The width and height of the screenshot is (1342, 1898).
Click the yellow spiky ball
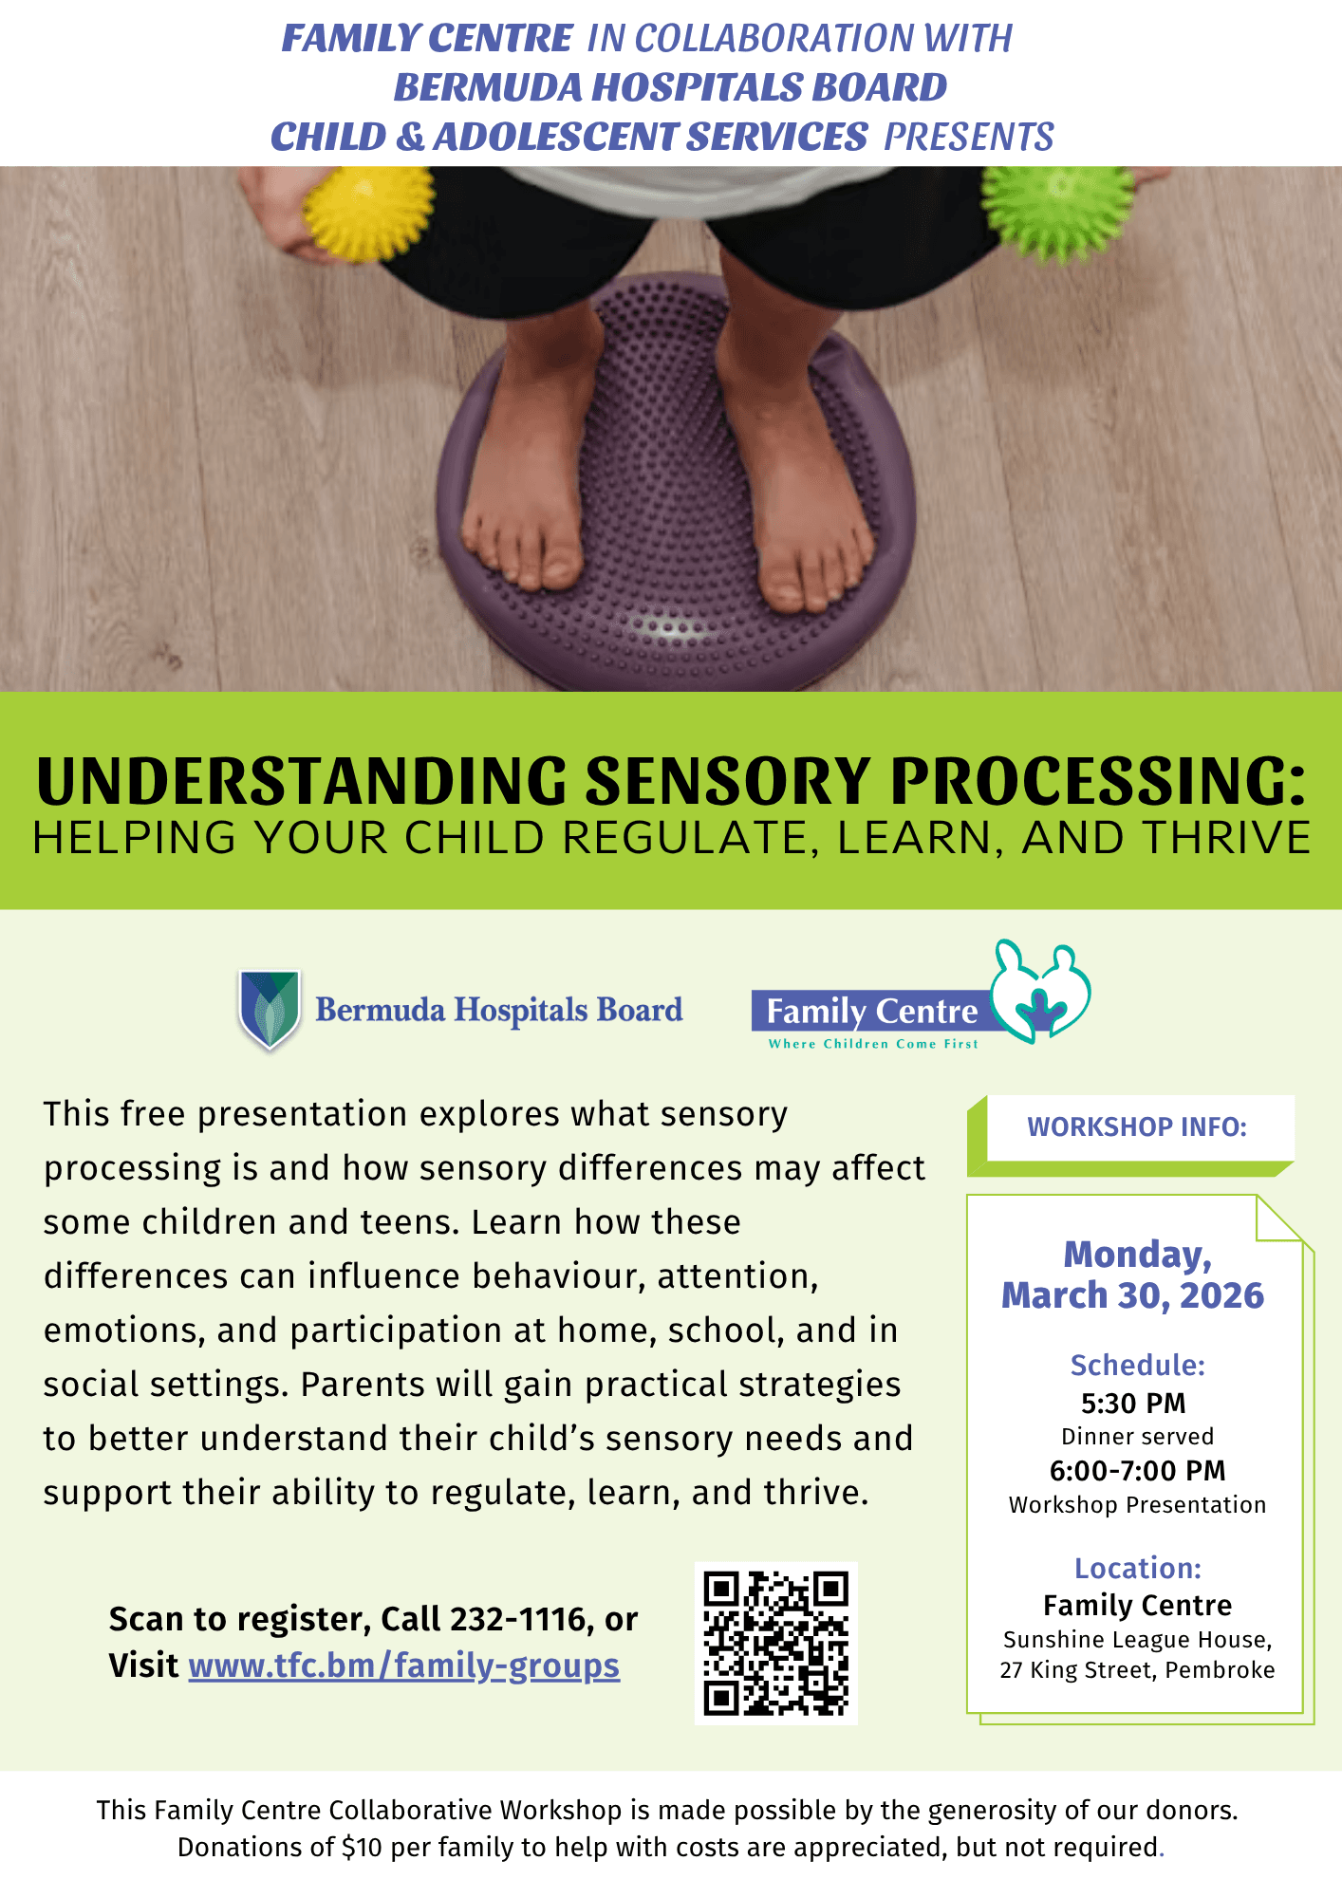pyautogui.click(x=367, y=211)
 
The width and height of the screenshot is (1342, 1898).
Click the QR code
pyautogui.click(x=776, y=1644)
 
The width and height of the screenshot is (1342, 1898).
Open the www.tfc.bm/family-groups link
pyautogui.click(x=404, y=1666)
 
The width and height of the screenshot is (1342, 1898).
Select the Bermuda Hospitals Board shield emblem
pyautogui.click(x=270, y=1009)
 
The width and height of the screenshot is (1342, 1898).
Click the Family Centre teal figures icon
pyautogui.click(x=1040, y=992)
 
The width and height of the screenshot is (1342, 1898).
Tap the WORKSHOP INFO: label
pyautogui.click(x=1137, y=1127)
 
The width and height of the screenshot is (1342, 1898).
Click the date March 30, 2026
pyautogui.click(x=1133, y=1296)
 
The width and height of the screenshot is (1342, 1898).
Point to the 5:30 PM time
pyautogui.click(x=1133, y=1404)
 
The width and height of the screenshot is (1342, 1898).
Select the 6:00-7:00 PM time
pyautogui.click(x=1137, y=1471)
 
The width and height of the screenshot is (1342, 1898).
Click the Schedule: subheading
pyautogui.click(x=1137, y=1366)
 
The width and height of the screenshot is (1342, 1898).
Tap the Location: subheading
pyautogui.click(x=1137, y=1568)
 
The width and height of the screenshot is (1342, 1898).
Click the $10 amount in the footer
pyautogui.click(x=362, y=1847)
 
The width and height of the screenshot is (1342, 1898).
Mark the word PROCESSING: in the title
pyautogui.click(x=1098, y=781)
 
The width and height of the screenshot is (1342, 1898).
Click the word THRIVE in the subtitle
pyautogui.click(x=1226, y=838)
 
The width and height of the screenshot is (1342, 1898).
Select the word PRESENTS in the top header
pyautogui.click(x=969, y=137)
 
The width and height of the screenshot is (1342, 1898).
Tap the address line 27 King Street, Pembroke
pyautogui.click(x=1137, y=1670)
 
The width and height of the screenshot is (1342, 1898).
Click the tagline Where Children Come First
pyautogui.click(x=873, y=1044)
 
